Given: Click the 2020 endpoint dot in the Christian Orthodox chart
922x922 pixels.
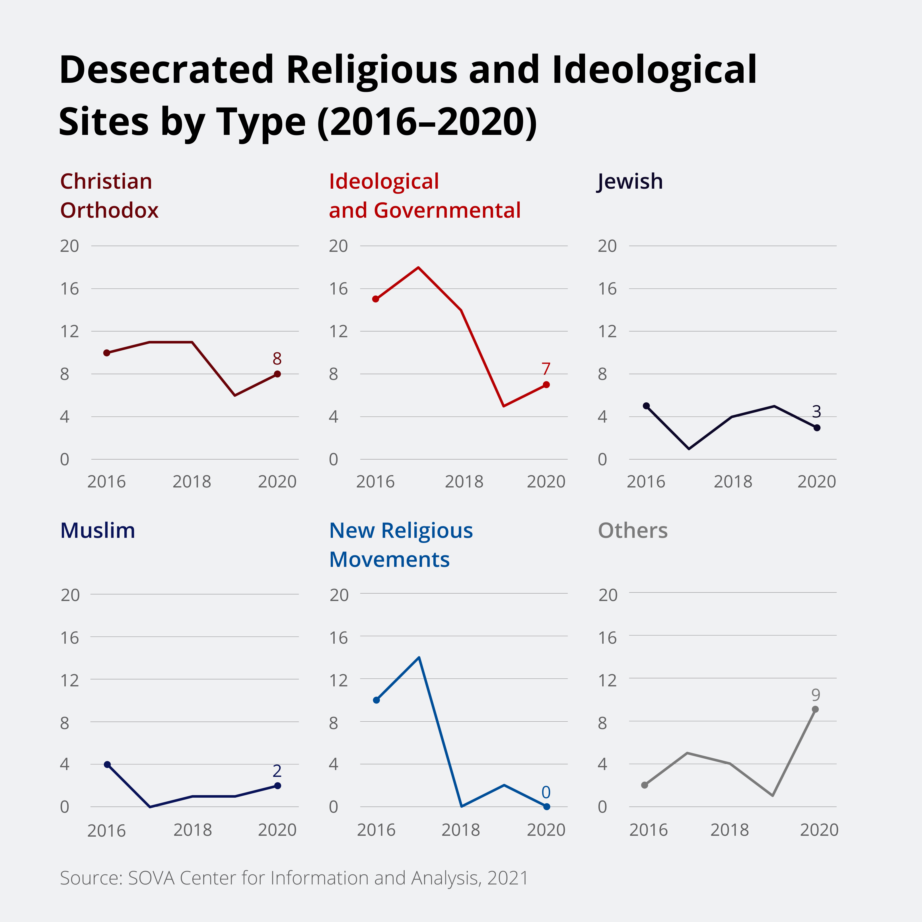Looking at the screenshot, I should pos(277,374).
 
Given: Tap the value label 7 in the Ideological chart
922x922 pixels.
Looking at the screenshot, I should pos(546,369).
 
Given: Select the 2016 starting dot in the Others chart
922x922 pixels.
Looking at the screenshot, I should pos(645,785).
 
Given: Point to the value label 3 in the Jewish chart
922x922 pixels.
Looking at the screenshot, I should pos(816,412).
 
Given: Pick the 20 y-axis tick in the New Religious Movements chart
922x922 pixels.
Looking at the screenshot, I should pos(339,595).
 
